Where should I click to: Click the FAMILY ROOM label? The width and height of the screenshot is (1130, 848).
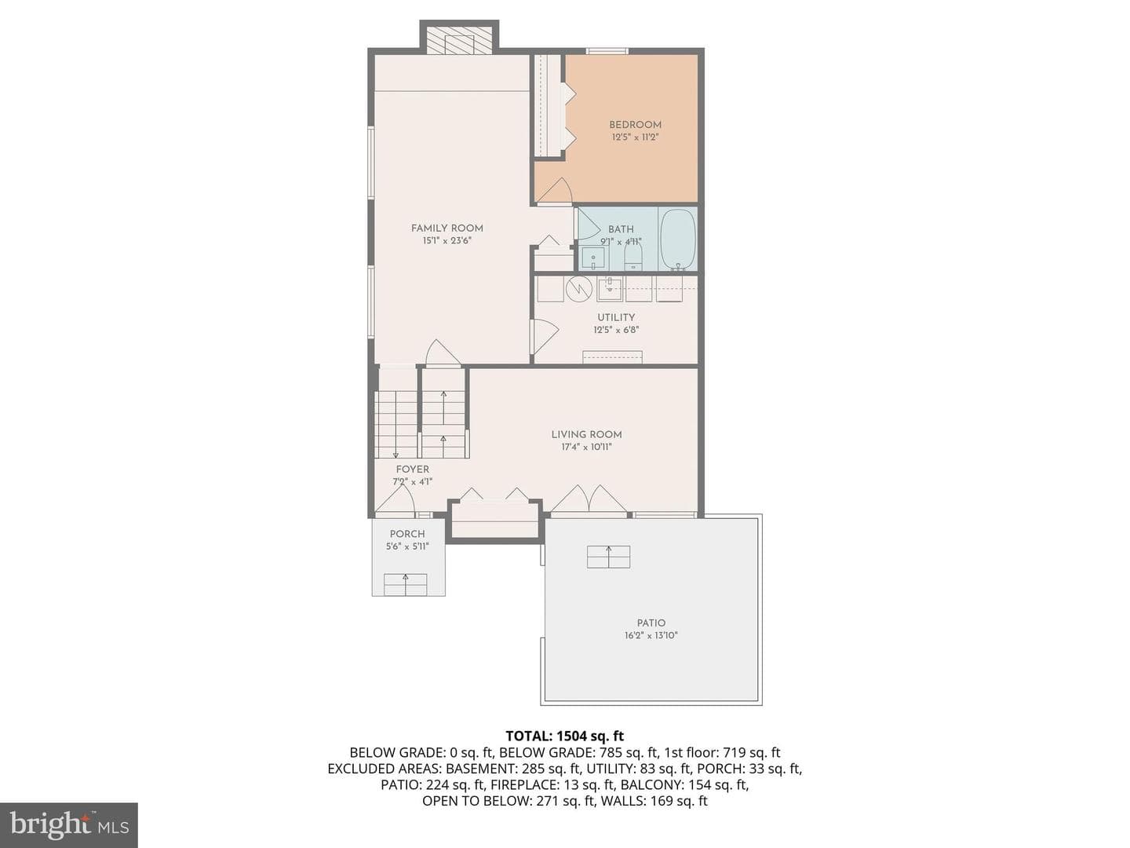tap(447, 228)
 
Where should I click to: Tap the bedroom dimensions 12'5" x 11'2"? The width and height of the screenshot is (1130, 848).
tap(636, 137)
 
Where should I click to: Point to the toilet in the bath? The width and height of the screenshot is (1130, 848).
tap(632, 256)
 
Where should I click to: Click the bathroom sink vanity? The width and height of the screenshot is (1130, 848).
tap(593, 258)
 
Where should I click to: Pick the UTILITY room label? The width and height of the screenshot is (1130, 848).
tap(616, 317)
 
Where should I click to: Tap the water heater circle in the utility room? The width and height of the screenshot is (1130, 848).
tap(579, 290)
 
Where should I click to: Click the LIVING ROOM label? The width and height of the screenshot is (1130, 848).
tap(586, 434)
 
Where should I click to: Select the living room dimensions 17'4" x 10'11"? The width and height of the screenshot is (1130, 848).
tap(586, 447)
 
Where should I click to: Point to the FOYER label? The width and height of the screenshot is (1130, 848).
tap(412, 470)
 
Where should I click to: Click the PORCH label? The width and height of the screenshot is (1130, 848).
tap(407, 534)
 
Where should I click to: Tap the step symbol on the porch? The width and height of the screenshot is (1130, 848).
tap(405, 584)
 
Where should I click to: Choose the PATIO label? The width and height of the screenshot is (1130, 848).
tap(651, 623)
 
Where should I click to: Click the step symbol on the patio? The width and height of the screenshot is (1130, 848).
tap(608, 557)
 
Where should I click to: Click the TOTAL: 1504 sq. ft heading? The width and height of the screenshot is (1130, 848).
tap(565, 737)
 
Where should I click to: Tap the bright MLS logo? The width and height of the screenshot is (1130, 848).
tap(69, 824)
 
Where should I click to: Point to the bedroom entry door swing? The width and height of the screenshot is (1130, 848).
tap(555, 192)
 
